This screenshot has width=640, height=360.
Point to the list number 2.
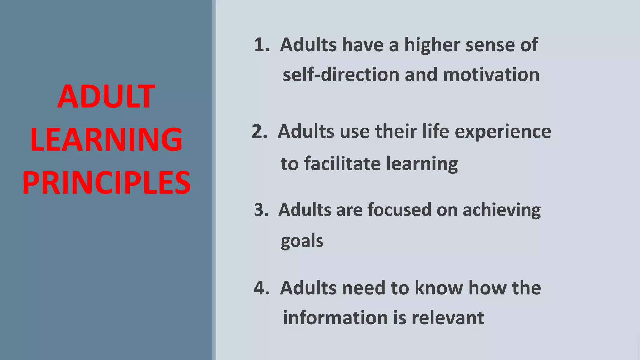(259, 131)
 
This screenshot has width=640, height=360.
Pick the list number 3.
(261, 210)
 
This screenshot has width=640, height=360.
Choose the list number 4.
(261, 288)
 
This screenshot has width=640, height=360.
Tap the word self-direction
(341, 75)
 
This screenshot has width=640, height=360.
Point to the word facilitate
(342, 163)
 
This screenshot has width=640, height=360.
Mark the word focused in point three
(399, 210)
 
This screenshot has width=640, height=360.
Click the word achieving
(501, 210)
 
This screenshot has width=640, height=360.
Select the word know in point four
(438, 288)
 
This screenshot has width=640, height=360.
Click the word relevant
(447, 318)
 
